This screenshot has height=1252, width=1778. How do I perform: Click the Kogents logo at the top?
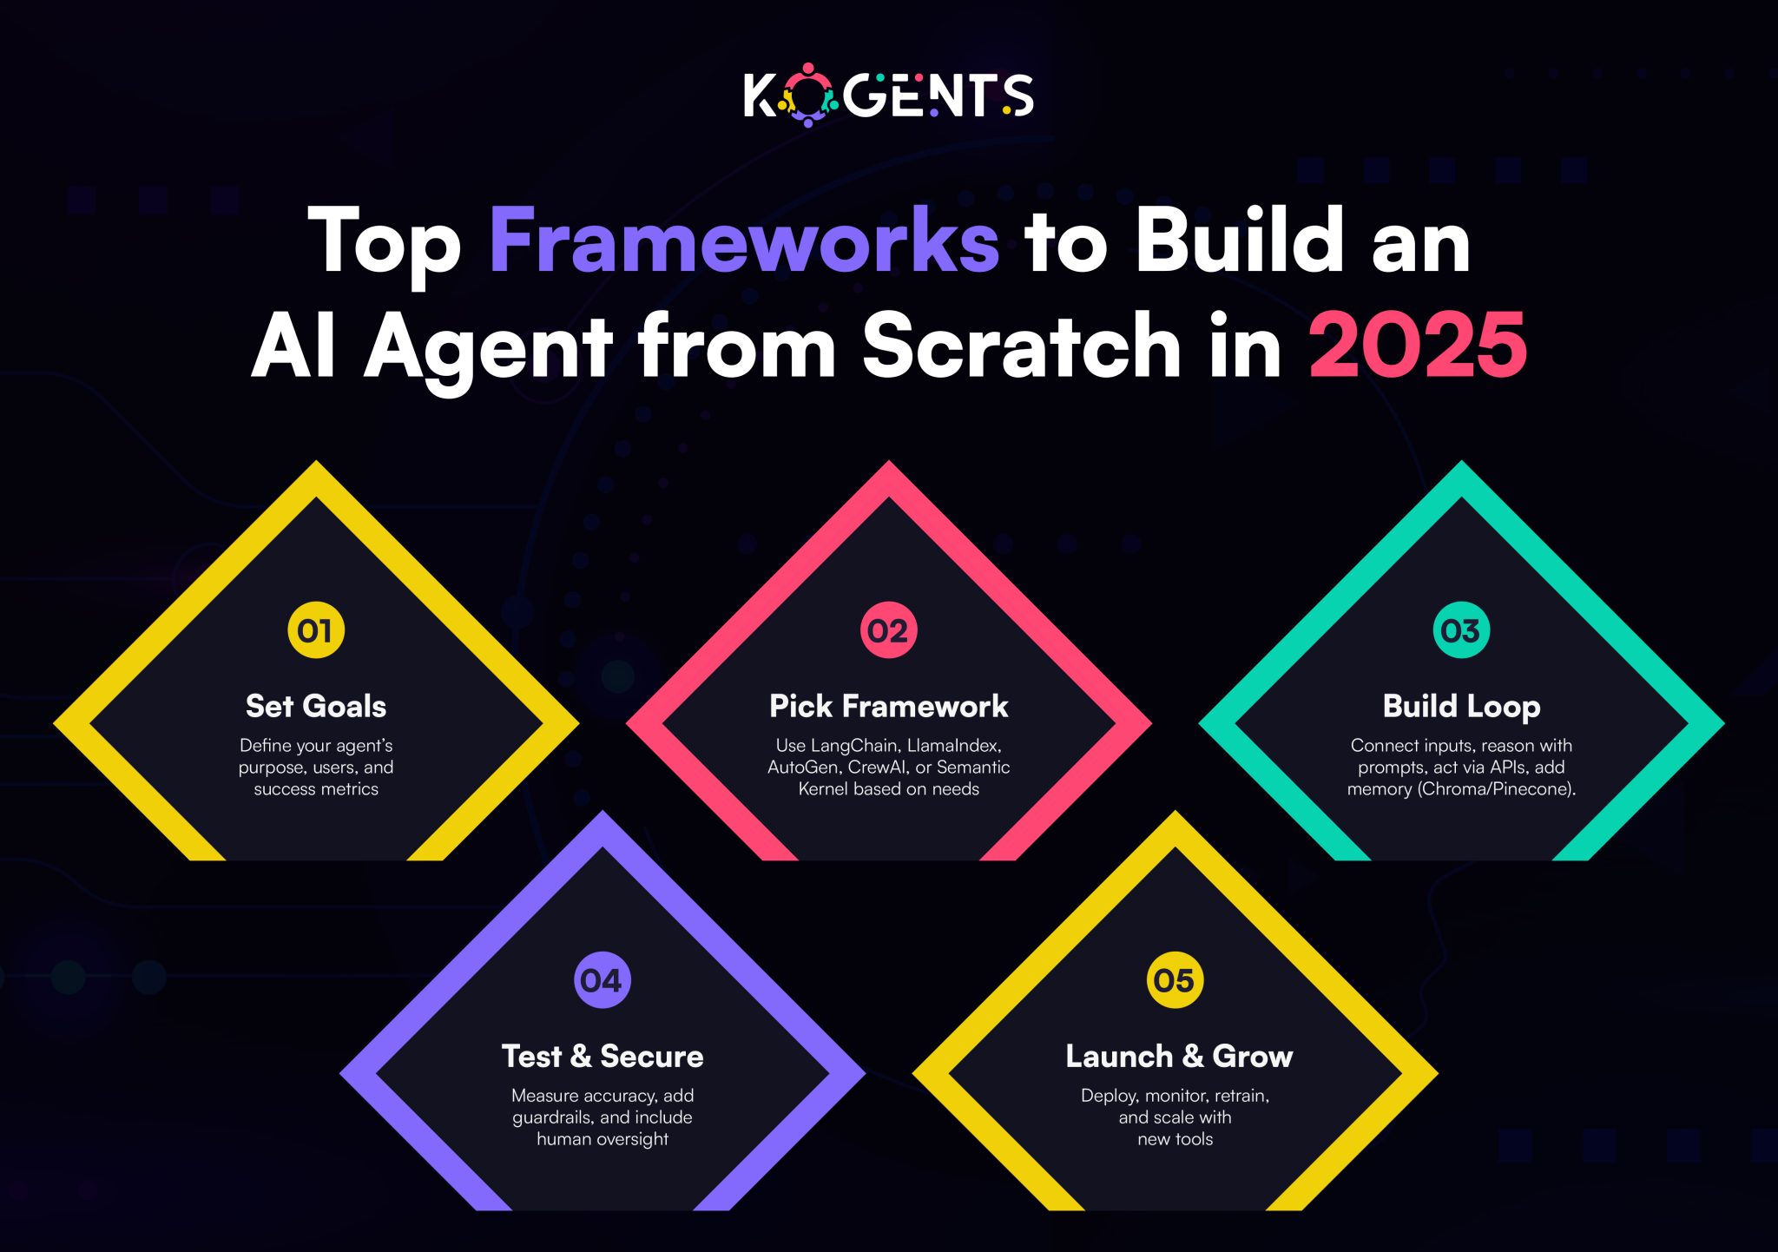point(888,95)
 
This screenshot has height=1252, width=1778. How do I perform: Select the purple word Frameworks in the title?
point(745,241)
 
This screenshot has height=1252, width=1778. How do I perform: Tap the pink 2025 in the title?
point(1418,345)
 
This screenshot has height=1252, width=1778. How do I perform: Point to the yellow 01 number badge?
point(316,630)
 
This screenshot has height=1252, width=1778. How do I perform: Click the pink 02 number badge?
point(888,630)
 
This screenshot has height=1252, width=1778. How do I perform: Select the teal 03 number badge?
point(1461,630)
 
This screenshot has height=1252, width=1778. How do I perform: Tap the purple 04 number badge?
point(603,980)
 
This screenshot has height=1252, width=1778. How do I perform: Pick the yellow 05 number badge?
point(1175,980)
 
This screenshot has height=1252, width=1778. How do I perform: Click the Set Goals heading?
point(316,706)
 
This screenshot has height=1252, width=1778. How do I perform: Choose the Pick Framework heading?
point(889,706)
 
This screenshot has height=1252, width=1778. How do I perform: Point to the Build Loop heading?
point(1462,707)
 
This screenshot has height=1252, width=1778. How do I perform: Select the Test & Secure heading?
point(603,1056)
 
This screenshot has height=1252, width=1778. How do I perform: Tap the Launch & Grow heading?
point(1179,1056)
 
